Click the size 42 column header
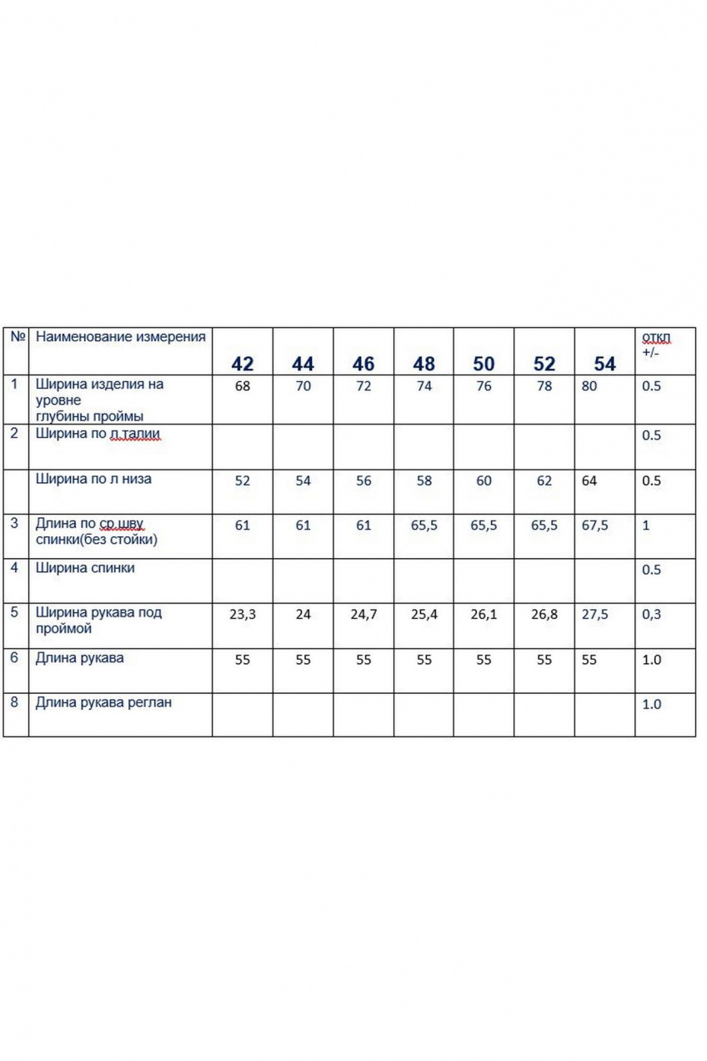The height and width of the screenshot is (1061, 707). pyautogui.click(x=243, y=364)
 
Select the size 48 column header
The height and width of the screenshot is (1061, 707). pyautogui.click(x=424, y=364)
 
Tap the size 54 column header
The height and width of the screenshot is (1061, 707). pyautogui.click(x=604, y=364)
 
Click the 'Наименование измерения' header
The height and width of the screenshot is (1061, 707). pyautogui.click(x=120, y=337)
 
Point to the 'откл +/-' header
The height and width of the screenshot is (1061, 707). pyautogui.click(x=656, y=344)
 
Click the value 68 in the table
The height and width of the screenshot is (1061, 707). pyautogui.click(x=243, y=387)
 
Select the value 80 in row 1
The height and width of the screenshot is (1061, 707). pyautogui.click(x=589, y=387)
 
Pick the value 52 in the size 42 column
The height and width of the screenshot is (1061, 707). pyautogui.click(x=243, y=481)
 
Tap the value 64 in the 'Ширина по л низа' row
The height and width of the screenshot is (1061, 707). pyautogui.click(x=589, y=481)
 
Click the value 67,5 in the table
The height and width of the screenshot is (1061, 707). pyautogui.click(x=594, y=525)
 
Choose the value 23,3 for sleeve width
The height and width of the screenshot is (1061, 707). pyautogui.click(x=243, y=615)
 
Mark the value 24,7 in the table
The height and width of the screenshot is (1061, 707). pyautogui.click(x=364, y=615)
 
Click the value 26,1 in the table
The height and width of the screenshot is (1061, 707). pyautogui.click(x=484, y=615)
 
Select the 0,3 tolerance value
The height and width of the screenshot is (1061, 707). pyautogui.click(x=651, y=615)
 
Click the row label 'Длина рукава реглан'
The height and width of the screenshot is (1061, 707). pyautogui.click(x=103, y=702)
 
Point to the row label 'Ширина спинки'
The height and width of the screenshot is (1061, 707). pyautogui.click(x=85, y=568)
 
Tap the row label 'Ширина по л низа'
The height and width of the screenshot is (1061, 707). pyautogui.click(x=93, y=479)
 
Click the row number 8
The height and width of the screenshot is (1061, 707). pyautogui.click(x=14, y=702)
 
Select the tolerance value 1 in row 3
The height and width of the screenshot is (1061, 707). pyautogui.click(x=646, y=525)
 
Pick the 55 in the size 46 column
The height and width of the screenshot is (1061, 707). pyautogui.click(x=364, y=660)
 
